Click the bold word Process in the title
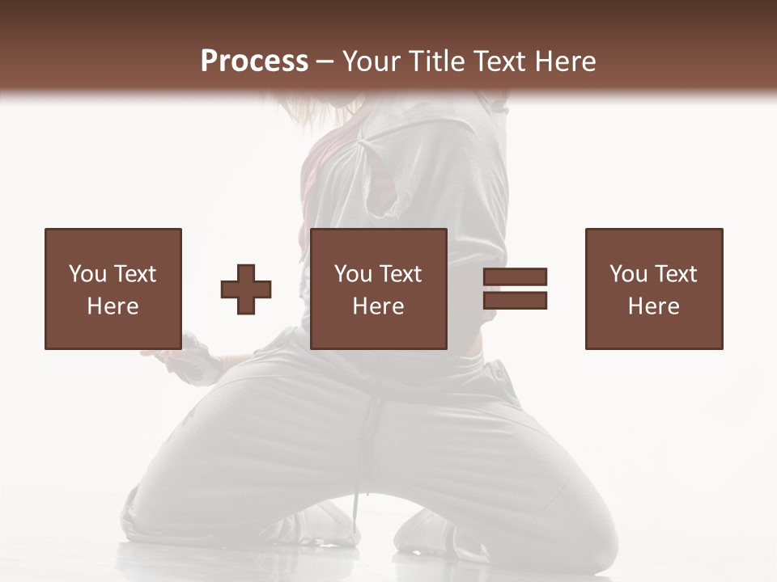tap(254, 61)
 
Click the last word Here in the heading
tap(565, 61)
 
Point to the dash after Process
tap(325, 61)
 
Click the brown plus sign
tap(246, 289)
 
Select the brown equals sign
tap(515, 289)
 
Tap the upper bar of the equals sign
tap(515, 277)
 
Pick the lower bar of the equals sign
tap(515, 300)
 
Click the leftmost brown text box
tap(113, 289)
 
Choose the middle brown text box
tap(378, 289)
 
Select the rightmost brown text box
tap(653, 289)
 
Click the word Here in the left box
tap(113, 306)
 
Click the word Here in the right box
tap(653, 306)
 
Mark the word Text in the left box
tap(134, 274)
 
